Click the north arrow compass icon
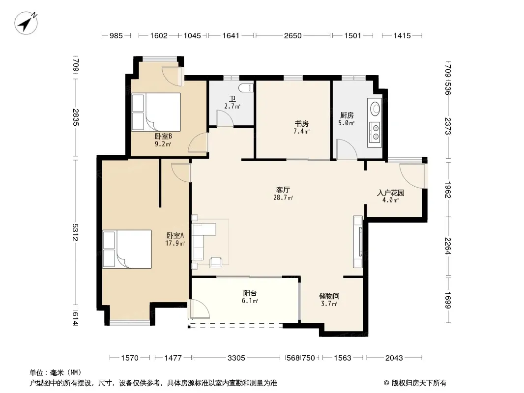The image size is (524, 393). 26,23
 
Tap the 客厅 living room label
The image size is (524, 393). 283,190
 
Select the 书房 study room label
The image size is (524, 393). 301,124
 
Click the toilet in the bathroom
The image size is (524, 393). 246,88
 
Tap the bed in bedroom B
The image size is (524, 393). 156,112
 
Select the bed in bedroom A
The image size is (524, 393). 127,249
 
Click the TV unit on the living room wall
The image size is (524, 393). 358,242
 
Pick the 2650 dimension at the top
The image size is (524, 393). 293,36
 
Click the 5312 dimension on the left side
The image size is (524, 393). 76,232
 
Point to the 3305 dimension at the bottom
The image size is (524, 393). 236,358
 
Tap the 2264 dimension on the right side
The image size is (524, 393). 448,246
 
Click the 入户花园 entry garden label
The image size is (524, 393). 391,193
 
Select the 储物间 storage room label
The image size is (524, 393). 329,296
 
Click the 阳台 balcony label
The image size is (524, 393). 250,293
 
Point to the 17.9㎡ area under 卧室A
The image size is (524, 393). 175,243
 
